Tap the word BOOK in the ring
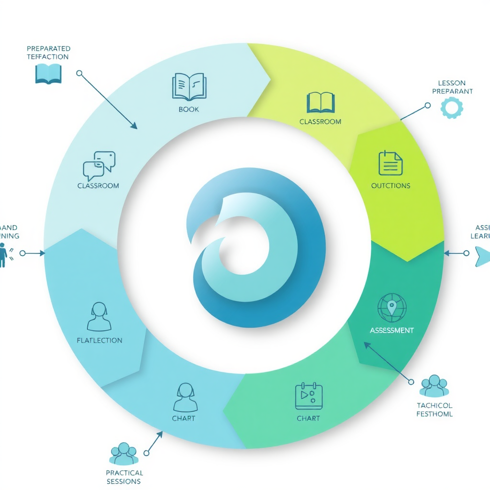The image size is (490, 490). pyautogui.click(x=189, y=109)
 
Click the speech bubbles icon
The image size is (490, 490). pyautogui.click(x=99, y=166)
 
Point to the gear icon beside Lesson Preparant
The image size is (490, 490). pyautogui.click(x=451, y=107)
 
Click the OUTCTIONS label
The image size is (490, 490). pyautogui.click(x=390, y=185)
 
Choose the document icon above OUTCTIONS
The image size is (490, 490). pyautogui.click(x=390, y=163)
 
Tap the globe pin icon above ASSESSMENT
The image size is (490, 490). pyautogui.click(x=391, y=308)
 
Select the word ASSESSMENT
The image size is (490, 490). pyautogui.click(x=391, y=330)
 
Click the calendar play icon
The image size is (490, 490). pyautogui.click(x=309, y=397)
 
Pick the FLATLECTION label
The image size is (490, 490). pyautogui.click(x=99, y=340)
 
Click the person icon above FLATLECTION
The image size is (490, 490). pyautogui.click(x=99, y=316)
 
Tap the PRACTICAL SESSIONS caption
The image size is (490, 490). pyautogui.click(x=124, y=477)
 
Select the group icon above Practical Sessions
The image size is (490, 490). pyautogui.click(x=124, y=454)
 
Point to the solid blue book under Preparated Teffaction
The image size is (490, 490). pyautogui.click(x=48, y=74)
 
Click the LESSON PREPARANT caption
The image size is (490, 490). pyautogui.click(x=452, y=87)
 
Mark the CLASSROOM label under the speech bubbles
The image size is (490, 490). pyautogui.click(x=98, y=186)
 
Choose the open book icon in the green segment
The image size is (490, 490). pyautogui.click(x=320, y=102)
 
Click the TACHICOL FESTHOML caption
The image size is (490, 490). pyautogui.click(x=434, y=410)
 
